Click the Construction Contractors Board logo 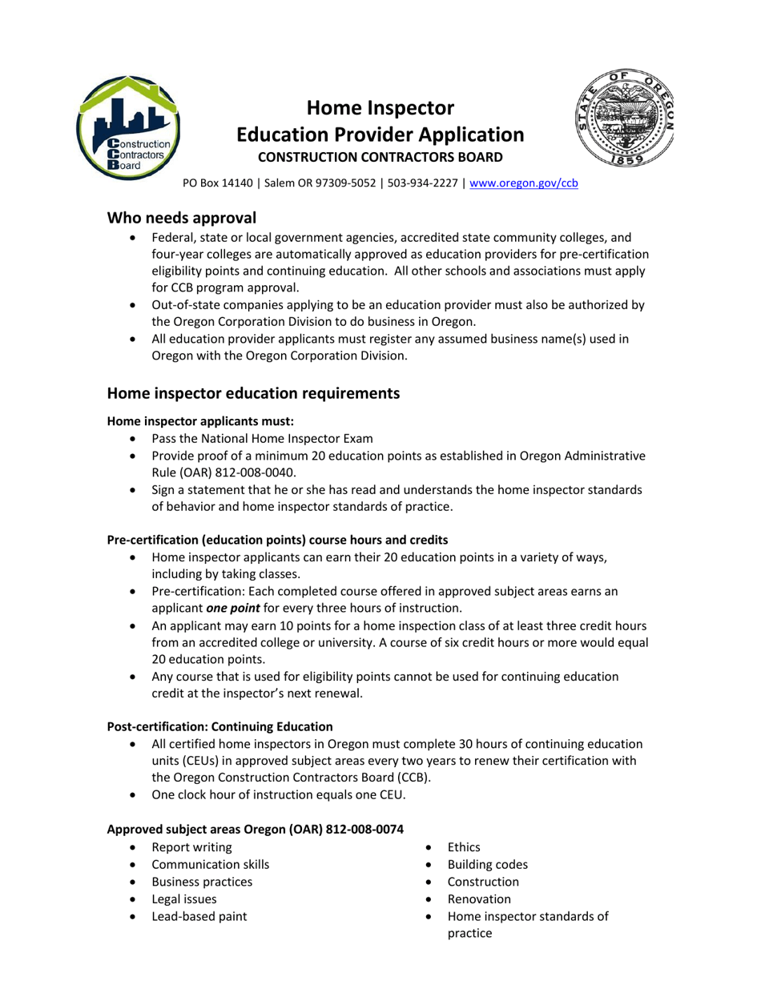tap(128, 126)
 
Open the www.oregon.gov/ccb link tap(524, 183)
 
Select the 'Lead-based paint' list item tap(199, 916)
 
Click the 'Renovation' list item tap(479, 899)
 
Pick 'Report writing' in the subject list tap(191, 847)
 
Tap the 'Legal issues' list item tap(183, 899)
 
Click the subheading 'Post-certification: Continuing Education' tap(219, 726)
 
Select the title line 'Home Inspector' tap(380, 107)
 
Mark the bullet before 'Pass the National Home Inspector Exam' tap(133, 439)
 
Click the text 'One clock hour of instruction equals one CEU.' tap(279, 795)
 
